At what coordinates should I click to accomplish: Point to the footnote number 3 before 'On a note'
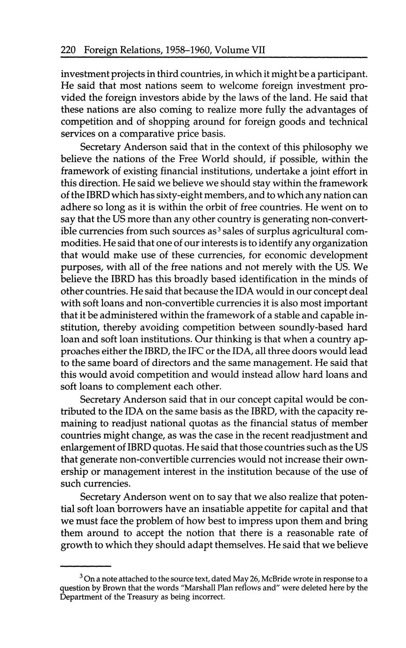81,576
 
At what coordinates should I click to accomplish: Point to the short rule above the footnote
86,566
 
